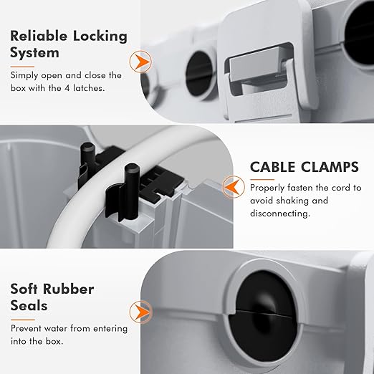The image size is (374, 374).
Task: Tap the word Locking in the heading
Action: click(97, 36)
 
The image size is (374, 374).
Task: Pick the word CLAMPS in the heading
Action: click(330, 168)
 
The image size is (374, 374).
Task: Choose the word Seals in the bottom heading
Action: click(30, 307)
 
